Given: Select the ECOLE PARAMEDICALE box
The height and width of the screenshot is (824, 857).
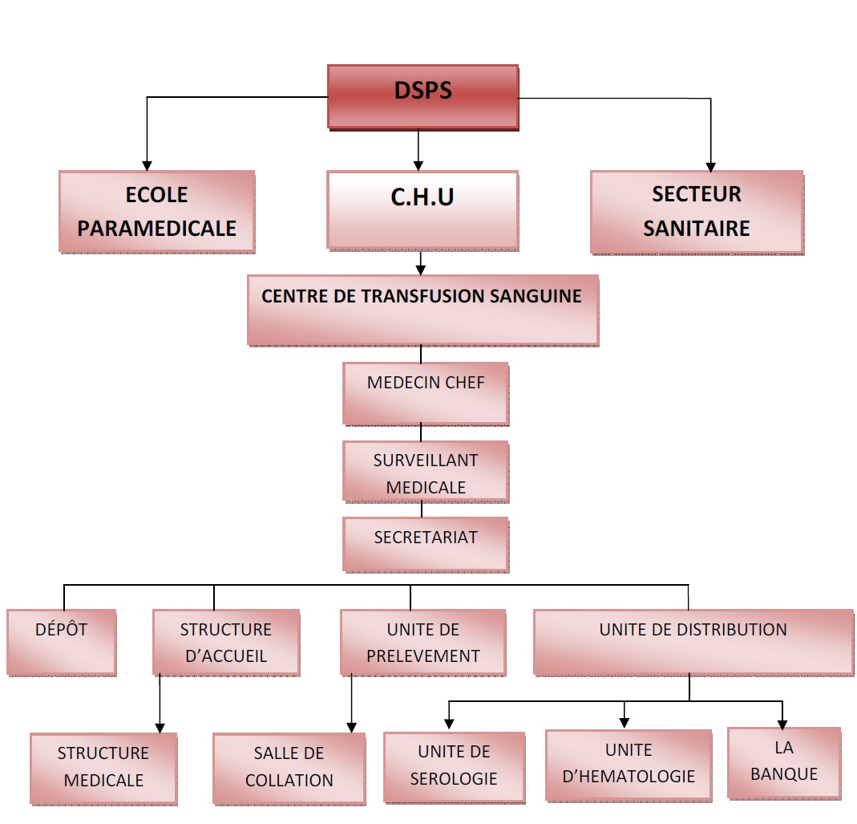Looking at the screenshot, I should pos(156,211).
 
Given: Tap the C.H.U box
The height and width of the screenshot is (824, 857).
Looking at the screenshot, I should pos(422,209).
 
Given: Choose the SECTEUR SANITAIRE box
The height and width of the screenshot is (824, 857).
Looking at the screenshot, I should pos(697,211).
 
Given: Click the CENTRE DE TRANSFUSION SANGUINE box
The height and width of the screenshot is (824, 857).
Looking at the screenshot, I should pos(422,310).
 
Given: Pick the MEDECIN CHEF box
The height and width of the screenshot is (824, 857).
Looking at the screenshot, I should pos(425,393).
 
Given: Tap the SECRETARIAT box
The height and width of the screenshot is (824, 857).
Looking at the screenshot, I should pos(425,543).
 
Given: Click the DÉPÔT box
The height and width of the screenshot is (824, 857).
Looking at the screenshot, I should pos(61,641).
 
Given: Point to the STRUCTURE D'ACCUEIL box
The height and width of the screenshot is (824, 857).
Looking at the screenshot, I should pos(225,641).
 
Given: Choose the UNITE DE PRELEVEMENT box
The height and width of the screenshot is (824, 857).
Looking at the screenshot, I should pos(422,641).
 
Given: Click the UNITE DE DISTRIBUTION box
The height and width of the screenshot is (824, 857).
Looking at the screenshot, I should pos(693,641).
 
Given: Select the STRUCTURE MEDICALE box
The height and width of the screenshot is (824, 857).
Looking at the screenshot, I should pos(103,767).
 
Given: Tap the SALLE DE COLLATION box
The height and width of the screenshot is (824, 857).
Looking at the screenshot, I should pos(289,767).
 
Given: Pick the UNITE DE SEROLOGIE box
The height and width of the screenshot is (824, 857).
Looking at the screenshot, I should pos(454,765).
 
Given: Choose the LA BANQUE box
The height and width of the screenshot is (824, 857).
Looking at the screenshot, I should pos(783,761).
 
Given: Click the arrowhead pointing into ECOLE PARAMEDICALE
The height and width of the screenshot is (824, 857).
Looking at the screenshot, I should pos(146,164).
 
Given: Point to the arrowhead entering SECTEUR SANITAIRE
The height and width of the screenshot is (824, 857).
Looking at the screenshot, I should pos(710,164).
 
